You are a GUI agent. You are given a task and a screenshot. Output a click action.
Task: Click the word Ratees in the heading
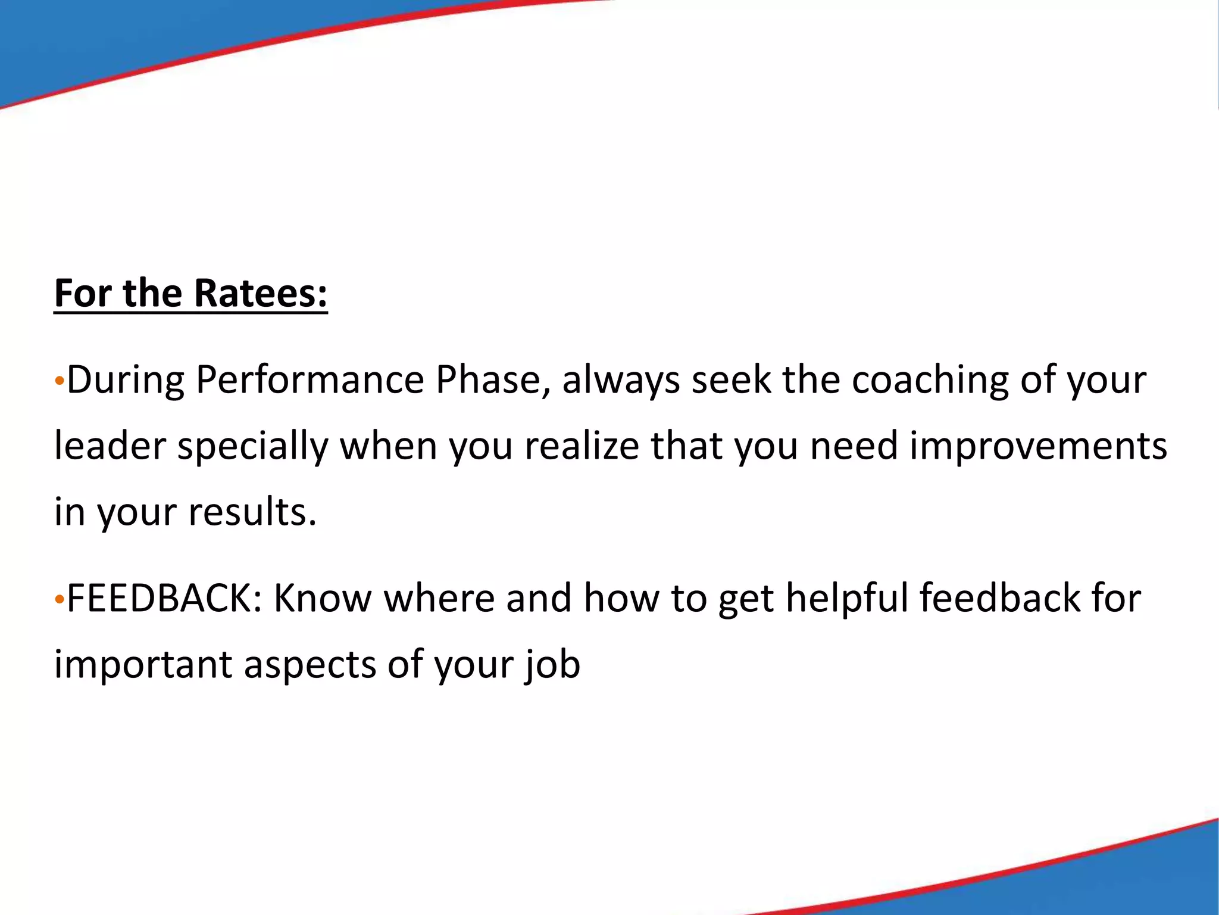261,293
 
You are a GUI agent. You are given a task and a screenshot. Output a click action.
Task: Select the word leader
110,446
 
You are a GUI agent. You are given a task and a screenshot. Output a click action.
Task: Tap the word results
252,511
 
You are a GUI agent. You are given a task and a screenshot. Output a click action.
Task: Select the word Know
322,598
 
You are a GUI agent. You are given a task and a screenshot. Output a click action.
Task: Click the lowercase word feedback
999,598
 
